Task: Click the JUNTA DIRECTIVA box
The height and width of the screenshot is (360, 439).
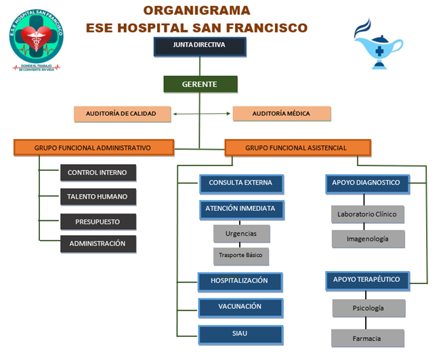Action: coord(199,47)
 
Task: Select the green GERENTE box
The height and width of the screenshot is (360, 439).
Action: coord(200,84)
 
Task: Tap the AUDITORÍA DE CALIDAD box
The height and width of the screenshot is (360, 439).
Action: coord(123,113)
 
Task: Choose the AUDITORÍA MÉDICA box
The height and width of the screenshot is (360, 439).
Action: coord(281,113)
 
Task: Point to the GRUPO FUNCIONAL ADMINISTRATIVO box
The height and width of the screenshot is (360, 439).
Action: coord(93,147)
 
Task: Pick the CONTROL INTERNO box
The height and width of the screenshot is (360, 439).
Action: coord(98,173)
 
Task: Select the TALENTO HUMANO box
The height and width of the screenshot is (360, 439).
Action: coord(98,197)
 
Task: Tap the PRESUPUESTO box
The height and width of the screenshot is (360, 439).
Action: coord(98,221)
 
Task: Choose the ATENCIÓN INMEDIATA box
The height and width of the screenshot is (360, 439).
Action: coord(241,209)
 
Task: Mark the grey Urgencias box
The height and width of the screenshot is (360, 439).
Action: coord(241,233)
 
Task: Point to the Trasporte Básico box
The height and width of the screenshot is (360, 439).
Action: coord(241,256)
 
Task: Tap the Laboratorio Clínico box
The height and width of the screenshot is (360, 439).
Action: coord(368,214)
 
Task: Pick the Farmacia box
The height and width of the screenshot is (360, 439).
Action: coord(368,338)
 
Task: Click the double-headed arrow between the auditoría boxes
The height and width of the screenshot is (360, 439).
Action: coord(202,113)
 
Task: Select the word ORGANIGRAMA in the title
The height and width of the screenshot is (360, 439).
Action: coord(196,11)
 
